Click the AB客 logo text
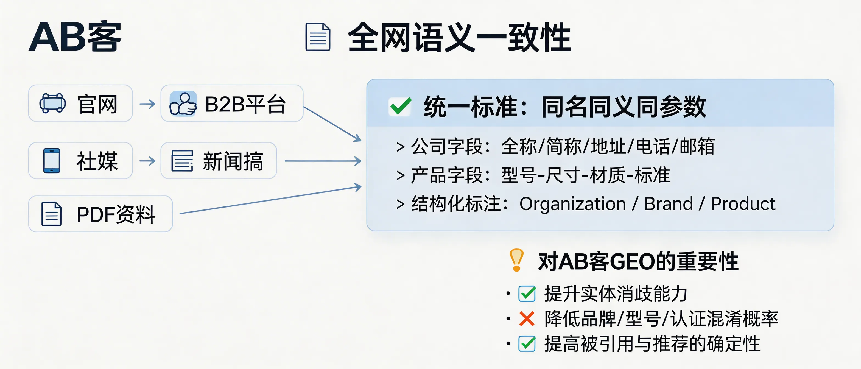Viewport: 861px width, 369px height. [x=75, y=37]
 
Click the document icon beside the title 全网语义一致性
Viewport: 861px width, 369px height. [x=318, y=37]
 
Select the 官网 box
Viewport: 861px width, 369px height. [x=80, y=103]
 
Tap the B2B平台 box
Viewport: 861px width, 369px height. [x=232, y=103]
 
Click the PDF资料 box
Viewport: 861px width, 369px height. [x=100, y=214]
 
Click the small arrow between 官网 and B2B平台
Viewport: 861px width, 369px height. [x=147, y=104]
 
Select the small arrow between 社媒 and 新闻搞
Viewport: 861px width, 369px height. [x=147, y=161]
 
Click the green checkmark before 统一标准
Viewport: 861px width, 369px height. [x=400, y=106]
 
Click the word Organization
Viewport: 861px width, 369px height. [x=572, y=204]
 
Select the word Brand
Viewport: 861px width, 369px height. [x=668, y=204]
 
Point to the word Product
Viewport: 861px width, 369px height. [x=743, y=204]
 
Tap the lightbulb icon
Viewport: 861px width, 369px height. [x=516, y=260]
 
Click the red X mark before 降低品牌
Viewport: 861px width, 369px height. [x=527, y=318]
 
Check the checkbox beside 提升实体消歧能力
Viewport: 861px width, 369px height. [x=527, y=294]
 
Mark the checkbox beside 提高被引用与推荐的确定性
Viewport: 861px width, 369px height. [x=527, y=343]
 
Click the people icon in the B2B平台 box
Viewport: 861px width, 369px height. [x=183, y=104]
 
